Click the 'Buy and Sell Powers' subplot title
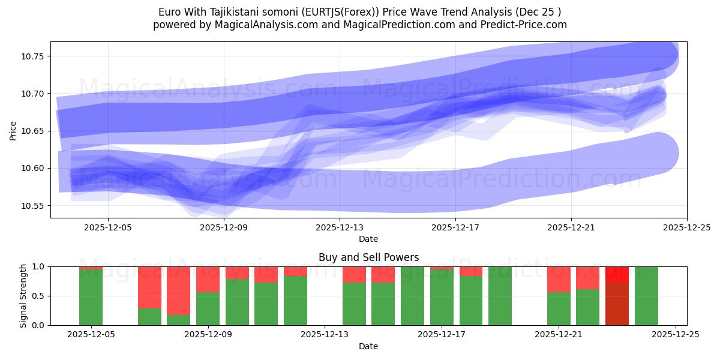(368, 257)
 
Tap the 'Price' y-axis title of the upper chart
(13, 130)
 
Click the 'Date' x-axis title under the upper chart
(368, 239)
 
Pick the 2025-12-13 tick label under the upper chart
(340, 227)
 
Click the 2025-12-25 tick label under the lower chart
(676, 335)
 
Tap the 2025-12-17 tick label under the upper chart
(455, 227)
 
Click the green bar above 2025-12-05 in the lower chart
(91, 298)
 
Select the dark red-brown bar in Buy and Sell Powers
(617, 304)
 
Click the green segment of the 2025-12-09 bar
(208, 309)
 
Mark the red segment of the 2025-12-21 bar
(559, 279)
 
